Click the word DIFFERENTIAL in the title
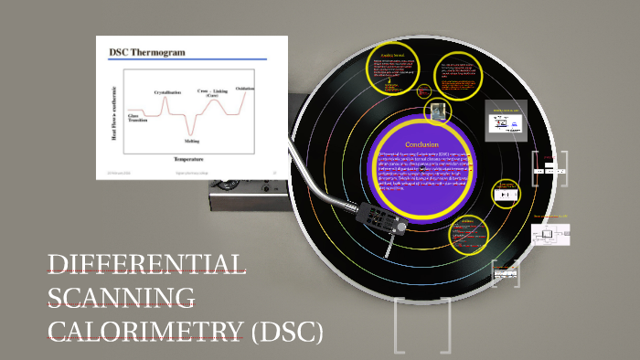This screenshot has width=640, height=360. point(146,265)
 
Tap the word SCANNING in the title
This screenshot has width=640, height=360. point(121,299)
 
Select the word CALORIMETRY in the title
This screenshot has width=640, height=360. point(144,331)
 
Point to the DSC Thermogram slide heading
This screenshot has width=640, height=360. point(146,52)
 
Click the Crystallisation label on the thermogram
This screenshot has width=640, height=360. point(167,92)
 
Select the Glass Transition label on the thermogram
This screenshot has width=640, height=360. point(139,117)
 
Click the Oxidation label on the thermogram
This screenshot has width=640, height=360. point(245,88)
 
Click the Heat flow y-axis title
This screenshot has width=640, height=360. point(115,114)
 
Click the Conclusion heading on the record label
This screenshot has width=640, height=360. point(422,144)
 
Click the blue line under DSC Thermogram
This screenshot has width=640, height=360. point(187,59)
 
